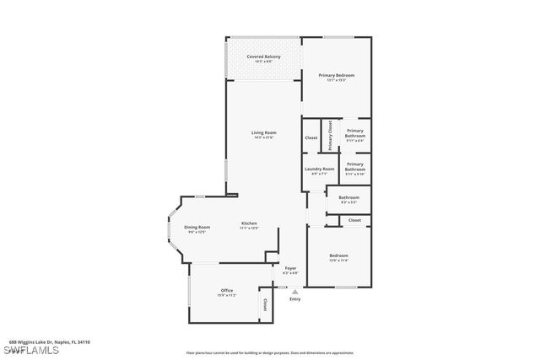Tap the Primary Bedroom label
pos(336,76)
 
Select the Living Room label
pos(263,133)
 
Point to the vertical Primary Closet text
pos(331,136)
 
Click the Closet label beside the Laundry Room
pos(310,137)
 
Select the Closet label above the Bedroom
pos(354,219)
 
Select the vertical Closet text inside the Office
pos(265,304)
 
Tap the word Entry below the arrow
pos(294,299)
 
